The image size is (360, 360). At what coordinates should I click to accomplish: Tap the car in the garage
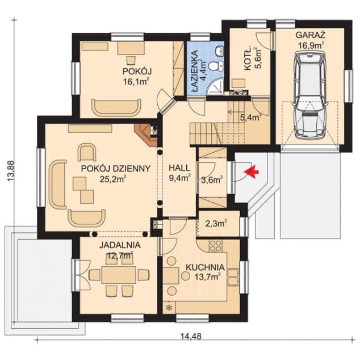[x=311, y=95]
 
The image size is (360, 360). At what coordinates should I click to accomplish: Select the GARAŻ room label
[x=311, y=35]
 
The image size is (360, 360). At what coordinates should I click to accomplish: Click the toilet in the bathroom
[x=216, y=65]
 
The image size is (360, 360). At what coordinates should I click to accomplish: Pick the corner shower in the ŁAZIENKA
[x=215, y=86]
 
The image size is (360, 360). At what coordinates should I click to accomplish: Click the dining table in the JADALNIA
[x=119, y=275]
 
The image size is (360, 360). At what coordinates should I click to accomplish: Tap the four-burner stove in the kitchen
[x=216, y=245]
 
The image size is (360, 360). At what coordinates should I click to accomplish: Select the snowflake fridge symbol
[x=169, y=308]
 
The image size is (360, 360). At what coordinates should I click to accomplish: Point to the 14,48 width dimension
[x=191, y=337]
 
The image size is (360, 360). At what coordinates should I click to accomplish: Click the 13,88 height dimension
[x=11, y=171]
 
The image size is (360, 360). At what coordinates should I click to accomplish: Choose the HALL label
[x=179, y=168]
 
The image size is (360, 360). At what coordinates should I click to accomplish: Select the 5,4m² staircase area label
[x=251, y=118]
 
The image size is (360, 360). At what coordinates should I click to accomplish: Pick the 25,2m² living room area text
[x=113, y=179]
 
